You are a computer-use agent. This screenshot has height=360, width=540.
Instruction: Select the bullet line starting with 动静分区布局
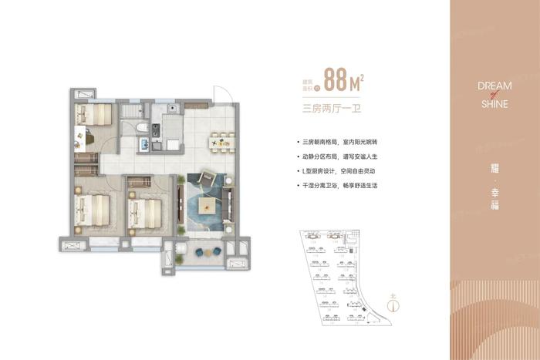pos(341,157)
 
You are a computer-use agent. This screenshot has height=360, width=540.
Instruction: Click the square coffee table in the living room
pos(208,206)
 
